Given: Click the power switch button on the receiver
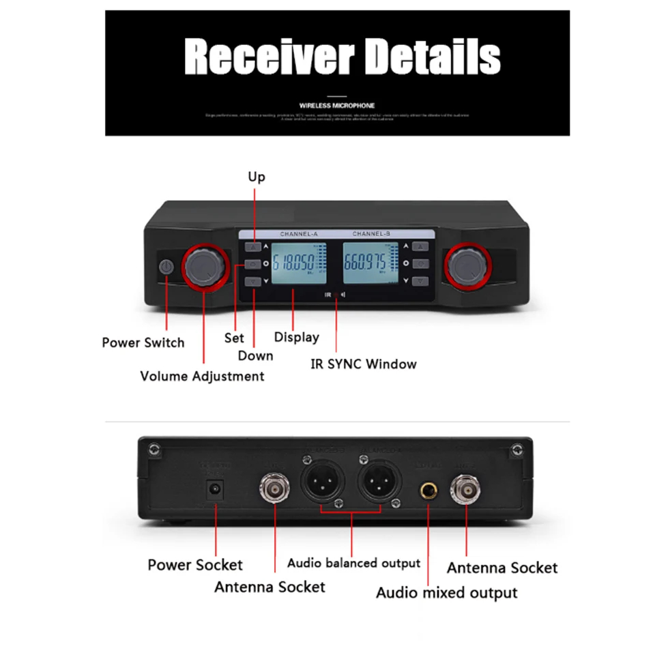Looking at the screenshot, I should (166, 267).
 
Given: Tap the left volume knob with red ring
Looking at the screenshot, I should (203, 267).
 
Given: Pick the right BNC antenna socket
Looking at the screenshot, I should (467, 489).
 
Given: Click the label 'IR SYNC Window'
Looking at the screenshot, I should (363, 364).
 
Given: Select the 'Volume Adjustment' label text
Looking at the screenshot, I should (202, 376).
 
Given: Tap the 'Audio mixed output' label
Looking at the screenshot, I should (446, 592).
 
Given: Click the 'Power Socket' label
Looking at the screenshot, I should (195, 564).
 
